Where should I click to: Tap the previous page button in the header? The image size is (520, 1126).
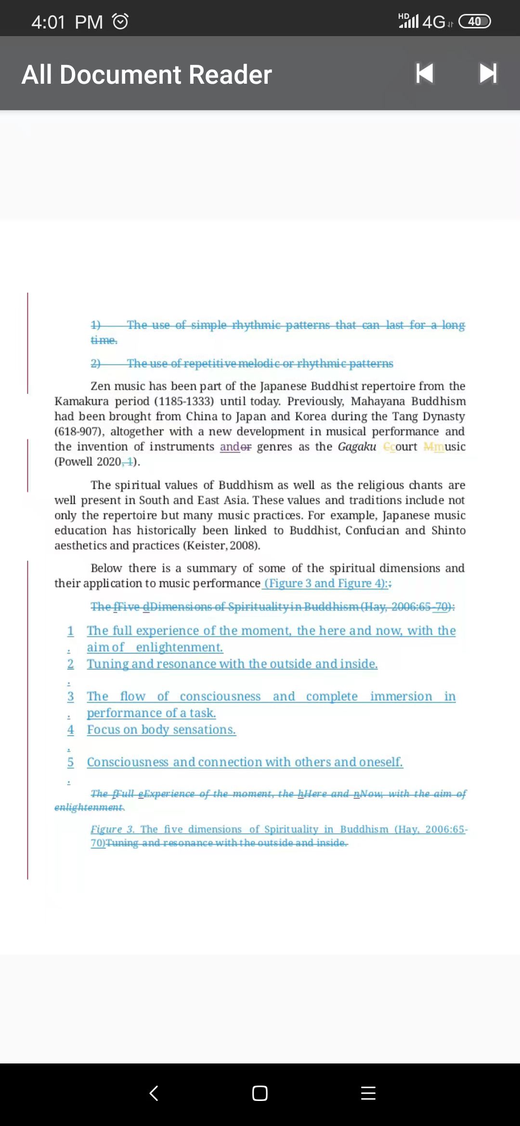click(425, 74)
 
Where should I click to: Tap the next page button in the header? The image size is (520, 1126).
click(488, 74)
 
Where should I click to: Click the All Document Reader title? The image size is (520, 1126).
click(147, 75)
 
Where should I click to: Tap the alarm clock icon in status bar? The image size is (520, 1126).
click(120, 22)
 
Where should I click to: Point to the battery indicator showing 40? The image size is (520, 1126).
click(474, 22)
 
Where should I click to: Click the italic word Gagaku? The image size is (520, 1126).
click(357, 447)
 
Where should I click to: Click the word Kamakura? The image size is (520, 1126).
click(81, 401)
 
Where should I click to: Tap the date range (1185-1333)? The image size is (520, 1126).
click(183, 401)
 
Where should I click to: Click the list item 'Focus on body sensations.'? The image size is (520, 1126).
click(161, 729)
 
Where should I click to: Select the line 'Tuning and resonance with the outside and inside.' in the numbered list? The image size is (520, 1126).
click(232, 664)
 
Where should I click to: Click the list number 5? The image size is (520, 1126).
click(70, 762)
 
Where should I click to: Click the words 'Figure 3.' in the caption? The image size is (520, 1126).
click(113, 829)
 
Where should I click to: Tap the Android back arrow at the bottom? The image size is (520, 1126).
click(154, 1093)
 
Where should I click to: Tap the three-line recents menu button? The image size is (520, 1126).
click(368, 1093)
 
